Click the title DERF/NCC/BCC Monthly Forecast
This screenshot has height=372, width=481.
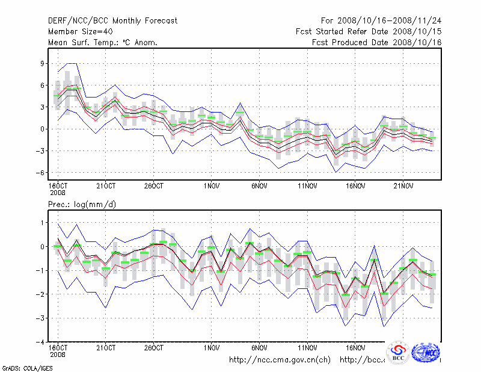113,20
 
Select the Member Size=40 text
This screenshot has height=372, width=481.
81,31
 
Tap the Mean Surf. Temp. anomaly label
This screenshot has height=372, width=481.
103,42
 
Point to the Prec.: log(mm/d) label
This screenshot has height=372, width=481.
82,205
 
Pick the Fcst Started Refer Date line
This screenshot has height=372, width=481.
369,31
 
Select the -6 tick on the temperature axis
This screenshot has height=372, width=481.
41,172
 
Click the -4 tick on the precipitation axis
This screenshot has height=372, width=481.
41,341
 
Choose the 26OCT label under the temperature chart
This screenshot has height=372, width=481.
153,185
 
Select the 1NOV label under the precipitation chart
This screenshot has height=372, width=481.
211,347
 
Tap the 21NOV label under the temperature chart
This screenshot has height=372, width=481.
403,185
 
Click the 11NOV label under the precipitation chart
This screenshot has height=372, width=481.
307,347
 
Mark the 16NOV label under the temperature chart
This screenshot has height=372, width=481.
355,185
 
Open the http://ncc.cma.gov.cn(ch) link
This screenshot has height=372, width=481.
280,359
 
